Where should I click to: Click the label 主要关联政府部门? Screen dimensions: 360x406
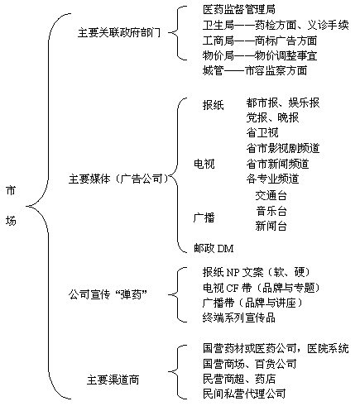point(119,32)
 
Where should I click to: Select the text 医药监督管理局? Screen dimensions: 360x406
point(239,9)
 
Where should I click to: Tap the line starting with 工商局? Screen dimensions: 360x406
point(260,41)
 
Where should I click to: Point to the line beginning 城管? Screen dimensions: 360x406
point(255,70)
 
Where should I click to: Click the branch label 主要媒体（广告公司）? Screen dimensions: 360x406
point(118,179)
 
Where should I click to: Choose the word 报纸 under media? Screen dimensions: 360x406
point(213,105)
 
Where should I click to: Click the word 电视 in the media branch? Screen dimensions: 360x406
point(204,164)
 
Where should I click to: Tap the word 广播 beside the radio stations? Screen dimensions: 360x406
point(204,217)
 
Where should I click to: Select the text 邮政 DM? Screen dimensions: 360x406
point(214,248)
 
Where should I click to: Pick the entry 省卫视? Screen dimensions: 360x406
point(262,132)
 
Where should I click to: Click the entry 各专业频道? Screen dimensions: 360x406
point(272,179)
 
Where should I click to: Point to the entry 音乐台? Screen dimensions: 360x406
point(271,211)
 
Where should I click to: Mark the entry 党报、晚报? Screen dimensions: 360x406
point(272,117)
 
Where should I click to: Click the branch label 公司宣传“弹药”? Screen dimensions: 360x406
point(108,294)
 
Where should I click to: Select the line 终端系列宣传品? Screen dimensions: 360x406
point(239,318)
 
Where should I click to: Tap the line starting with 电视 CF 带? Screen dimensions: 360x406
point(262,288)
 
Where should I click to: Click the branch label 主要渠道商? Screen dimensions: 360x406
point(113,380)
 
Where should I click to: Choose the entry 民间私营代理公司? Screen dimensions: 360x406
point(244,393)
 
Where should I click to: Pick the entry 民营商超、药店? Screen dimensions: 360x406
point(239,379)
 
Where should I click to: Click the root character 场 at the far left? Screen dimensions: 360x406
point(11,221)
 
